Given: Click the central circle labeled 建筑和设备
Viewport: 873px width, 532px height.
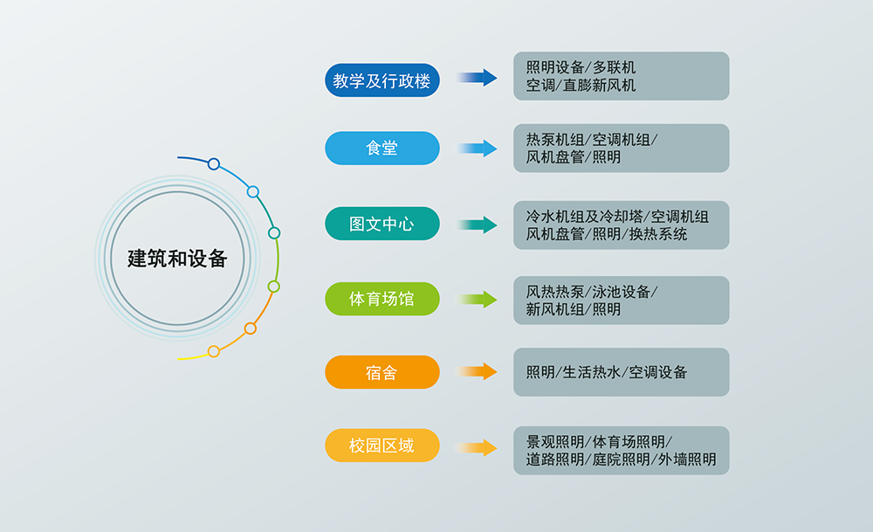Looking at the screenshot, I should pyautogui.click(x=177, y=259).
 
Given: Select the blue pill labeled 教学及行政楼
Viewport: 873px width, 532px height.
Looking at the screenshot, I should pyautogui.click(x=382, y=80).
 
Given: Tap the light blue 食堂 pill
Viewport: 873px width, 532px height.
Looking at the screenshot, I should pyautogui.click(x=382, y=148).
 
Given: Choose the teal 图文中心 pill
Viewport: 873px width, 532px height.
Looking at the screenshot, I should pyautogui.click(x=382, y=224).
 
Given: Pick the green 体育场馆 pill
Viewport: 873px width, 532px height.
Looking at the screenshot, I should pyautogui.click(x=382, y=299).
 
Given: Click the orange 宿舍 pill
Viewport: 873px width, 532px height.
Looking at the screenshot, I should pyautogui.click(x=382, y=373).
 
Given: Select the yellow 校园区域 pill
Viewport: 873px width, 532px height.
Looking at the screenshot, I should pyautogui.click(x=382, y=446).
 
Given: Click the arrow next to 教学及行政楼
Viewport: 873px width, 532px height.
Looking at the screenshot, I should pyautogui.click(x=476, y=78).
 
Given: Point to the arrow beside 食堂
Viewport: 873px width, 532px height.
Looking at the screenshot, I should pyautogui.click(x=476, y=148).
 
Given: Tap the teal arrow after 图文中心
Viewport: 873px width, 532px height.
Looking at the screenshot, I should pyautogui.click(x=476, y=225).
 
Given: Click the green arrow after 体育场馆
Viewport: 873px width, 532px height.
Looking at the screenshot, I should pyautogui.click(x=476, y=300).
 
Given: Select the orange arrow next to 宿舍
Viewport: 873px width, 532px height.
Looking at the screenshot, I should pyautogui.click(x=476, y=372).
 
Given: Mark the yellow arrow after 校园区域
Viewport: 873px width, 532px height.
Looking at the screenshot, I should pyautogui.click(x=476, y=448).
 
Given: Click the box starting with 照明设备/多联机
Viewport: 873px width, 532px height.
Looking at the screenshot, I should pyautogui.click(x=621, y=76).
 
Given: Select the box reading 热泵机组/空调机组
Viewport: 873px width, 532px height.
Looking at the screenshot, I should pyautogui.click(x=621, y=148).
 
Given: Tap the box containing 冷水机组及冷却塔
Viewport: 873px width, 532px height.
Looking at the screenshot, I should pyautogui.click(x=621, y=225).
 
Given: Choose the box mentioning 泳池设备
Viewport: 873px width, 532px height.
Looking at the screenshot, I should pyautogui.click(x=621, y=300).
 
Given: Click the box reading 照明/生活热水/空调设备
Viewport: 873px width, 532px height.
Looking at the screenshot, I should pyautogui.click(x=621, y=372).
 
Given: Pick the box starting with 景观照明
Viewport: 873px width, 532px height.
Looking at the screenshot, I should pyautogui.click(x=621, y=450).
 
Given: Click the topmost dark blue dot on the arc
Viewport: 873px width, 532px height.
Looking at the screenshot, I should pyautogui.click(x=214, y=163).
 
